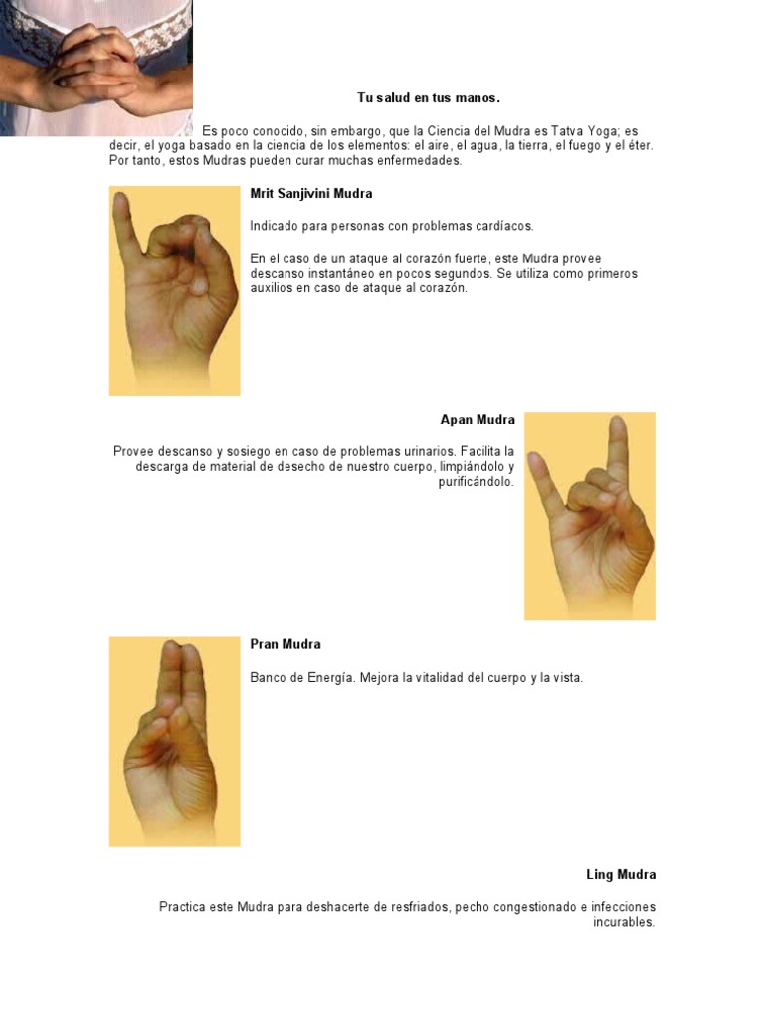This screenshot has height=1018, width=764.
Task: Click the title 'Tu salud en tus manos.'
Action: [429, 97]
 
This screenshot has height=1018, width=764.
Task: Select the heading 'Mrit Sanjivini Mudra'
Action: [311, 193]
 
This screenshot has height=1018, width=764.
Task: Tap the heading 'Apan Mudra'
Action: [477, 420]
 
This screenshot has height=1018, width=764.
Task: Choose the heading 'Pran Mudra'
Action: [286, 644]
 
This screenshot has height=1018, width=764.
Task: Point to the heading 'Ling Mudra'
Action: [621, 875]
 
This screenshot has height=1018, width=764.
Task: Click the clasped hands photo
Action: [95, 68]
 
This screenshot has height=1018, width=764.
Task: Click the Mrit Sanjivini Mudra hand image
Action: [174, 290]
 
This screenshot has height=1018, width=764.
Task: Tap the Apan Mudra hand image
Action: [589, 515]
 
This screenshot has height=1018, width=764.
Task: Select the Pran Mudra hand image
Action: [174, 741]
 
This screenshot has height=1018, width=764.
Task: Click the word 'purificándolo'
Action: [476, 482]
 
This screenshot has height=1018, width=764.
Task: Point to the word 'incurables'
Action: [624, 922]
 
